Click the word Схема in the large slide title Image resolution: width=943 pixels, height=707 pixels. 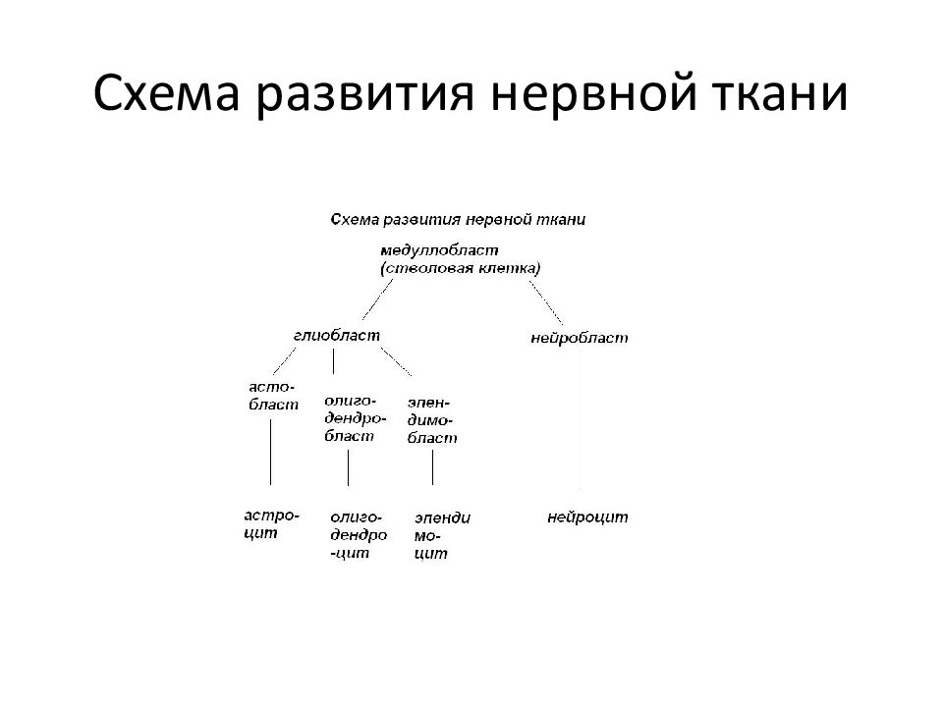point(167,94)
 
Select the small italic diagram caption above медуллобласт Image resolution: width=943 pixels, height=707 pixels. point(458,219)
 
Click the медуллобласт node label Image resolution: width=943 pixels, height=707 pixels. point(439,250)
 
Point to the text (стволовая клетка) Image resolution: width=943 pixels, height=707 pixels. point(461,268)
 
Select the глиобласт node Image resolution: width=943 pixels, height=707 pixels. point(337,335)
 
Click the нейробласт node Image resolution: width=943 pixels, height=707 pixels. point(580,338)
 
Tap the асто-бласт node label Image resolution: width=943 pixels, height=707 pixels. point(274,396)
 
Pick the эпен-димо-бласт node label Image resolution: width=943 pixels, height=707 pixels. point(432,420)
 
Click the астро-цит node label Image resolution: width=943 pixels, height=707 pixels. point(272,524)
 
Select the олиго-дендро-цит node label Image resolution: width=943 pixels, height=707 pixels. point(359,535)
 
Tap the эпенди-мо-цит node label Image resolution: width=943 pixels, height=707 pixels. point(443,536)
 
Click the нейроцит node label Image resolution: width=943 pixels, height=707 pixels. point(587,517)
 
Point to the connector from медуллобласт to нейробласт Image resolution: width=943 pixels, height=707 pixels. point(546,302)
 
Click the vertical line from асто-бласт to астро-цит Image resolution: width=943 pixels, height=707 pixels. point(271,452)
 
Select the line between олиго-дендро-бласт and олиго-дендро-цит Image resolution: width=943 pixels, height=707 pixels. point(348,467)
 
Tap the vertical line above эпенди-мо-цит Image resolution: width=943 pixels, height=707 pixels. point(432,467)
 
